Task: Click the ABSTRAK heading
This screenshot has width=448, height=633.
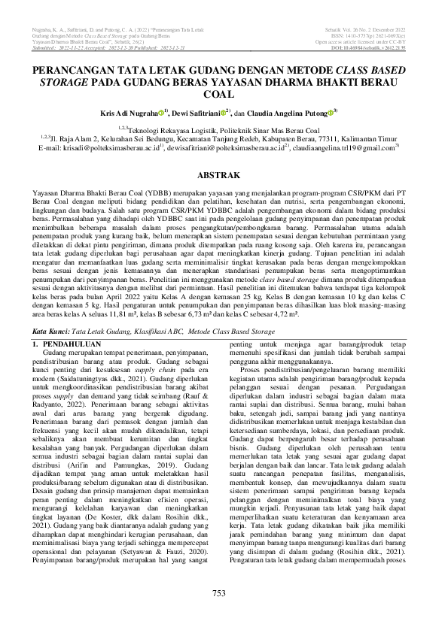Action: tap(224, 174)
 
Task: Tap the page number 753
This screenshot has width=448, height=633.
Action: tap(219, 615)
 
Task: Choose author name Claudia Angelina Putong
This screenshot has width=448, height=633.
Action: tap(289, 111)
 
